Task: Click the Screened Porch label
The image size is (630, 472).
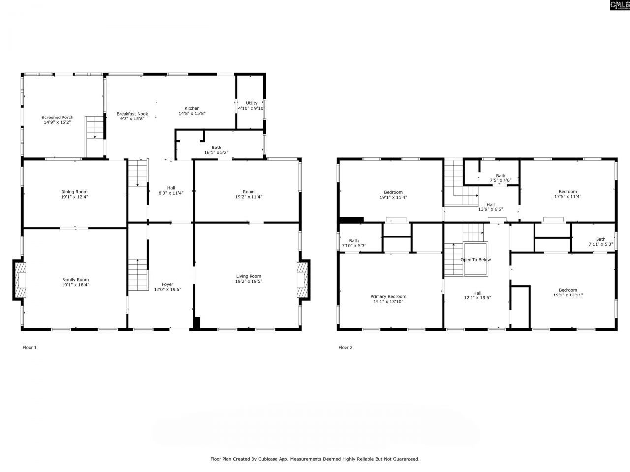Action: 58,118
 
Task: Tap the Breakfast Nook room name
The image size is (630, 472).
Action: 132,114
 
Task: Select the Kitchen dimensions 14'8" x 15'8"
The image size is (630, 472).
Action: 192,113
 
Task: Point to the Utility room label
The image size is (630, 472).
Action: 252,103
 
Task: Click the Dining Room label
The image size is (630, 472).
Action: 74,192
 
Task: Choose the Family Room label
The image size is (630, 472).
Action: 75,280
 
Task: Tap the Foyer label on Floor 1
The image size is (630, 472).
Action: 167,284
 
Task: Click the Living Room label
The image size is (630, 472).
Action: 249,276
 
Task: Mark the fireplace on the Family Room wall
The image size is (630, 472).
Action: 19,280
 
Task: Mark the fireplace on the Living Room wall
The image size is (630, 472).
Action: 303,280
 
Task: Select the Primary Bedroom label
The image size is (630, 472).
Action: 388,296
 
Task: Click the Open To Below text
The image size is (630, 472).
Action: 475,260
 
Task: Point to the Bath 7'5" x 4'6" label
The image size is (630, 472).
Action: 501,176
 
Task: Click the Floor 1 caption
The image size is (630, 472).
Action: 30,348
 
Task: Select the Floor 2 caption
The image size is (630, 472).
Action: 346,348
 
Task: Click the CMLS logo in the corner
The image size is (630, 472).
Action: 619,5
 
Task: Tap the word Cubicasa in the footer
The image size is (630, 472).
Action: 269,459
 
